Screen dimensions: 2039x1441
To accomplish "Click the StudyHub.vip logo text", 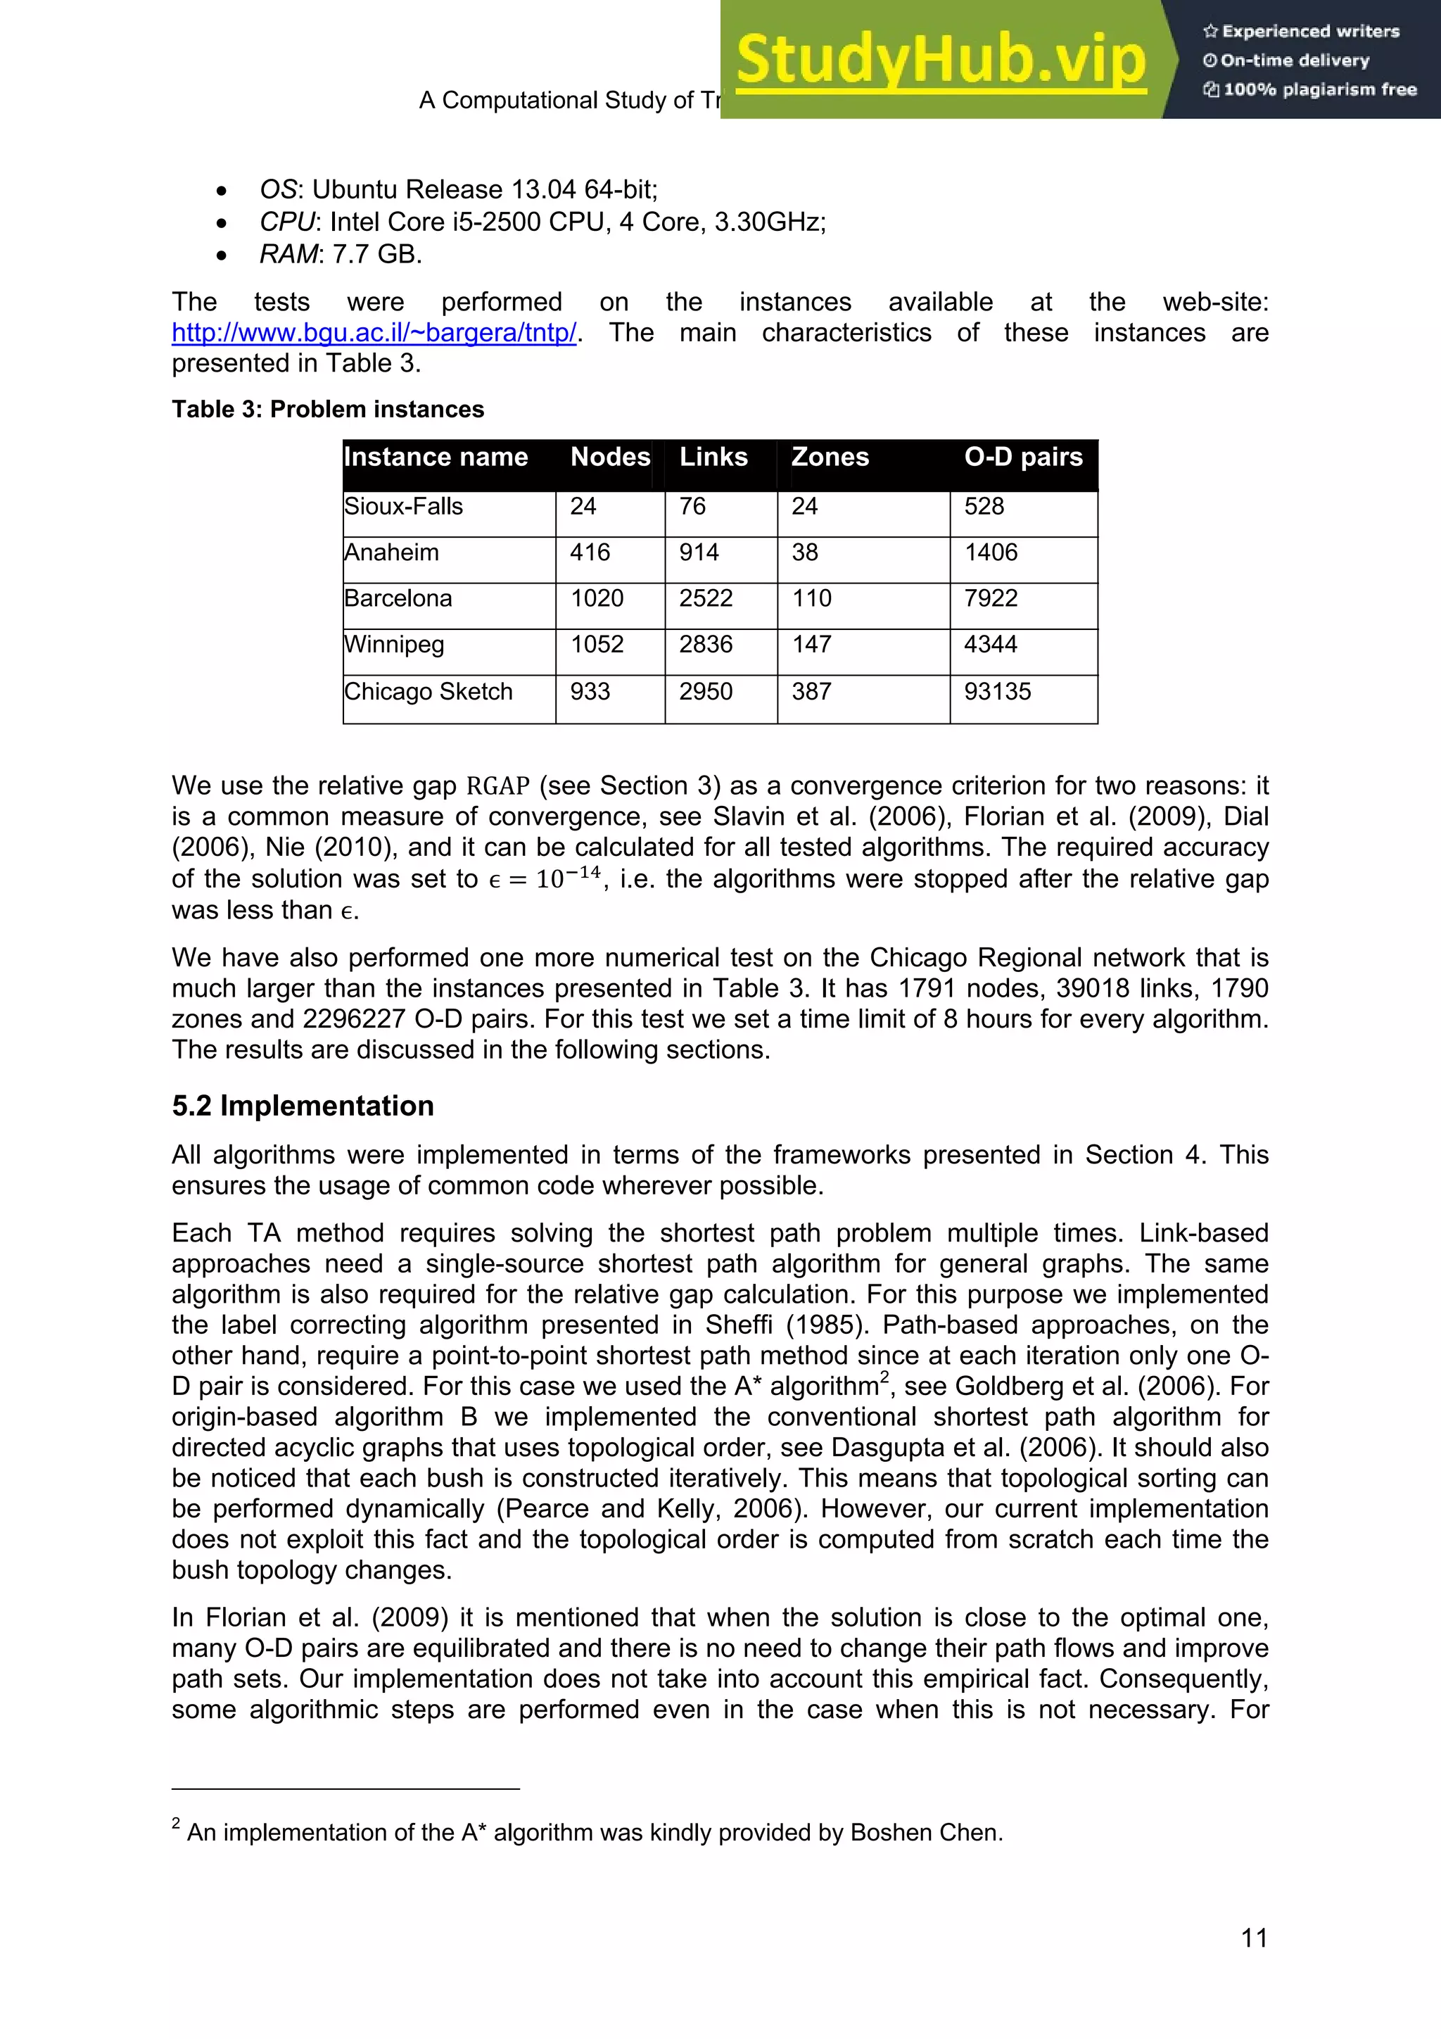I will point(940,61).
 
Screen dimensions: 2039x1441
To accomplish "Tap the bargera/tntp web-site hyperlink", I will point(374,333).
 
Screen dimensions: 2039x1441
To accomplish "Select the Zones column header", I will point(830,457).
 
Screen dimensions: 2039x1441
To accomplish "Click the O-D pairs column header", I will point(1023,457).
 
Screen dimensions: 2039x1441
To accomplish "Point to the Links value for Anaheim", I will point(699,553).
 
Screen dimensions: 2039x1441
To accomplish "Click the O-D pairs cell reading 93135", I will point(997,692).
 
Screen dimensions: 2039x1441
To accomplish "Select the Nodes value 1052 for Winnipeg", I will point(597,645).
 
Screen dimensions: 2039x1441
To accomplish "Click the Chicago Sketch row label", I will point(428,692).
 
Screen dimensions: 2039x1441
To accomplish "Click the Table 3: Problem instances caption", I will point(328,410).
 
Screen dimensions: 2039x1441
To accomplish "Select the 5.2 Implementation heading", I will point(303,1106).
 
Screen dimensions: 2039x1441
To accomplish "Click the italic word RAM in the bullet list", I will point(288,255).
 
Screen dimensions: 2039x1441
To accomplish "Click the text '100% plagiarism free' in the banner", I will point(1319,89).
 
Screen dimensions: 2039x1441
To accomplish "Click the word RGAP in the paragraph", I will point(497,787).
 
